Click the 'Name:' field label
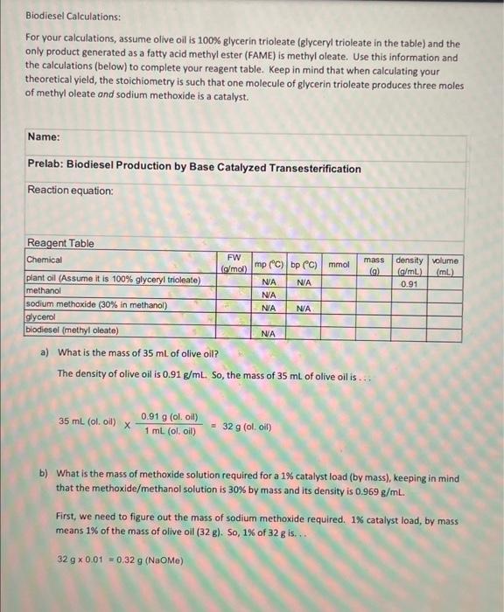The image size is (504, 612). pyautogui.click(x=44, y=137)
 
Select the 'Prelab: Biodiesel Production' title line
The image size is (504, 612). pyautogui.click(x=193, y=168)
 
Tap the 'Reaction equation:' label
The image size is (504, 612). pyautogui.click(x=70, y=190)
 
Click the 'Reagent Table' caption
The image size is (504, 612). pyautogui.click(x=60, y=243)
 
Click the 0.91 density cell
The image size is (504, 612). pyautogui.click(x=409, y=284)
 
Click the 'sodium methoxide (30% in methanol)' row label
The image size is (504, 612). pyautogui.click(x=96, y=306)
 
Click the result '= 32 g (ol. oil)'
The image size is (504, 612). pyautogui.click(x=247, y=428)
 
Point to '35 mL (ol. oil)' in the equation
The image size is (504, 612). pyautogui.click(x=87, y=421)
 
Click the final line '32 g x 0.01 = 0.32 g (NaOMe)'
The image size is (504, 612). pyautogui.click(x=119, y=558)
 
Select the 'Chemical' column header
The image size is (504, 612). pyautogui.click(x=45, y=261)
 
